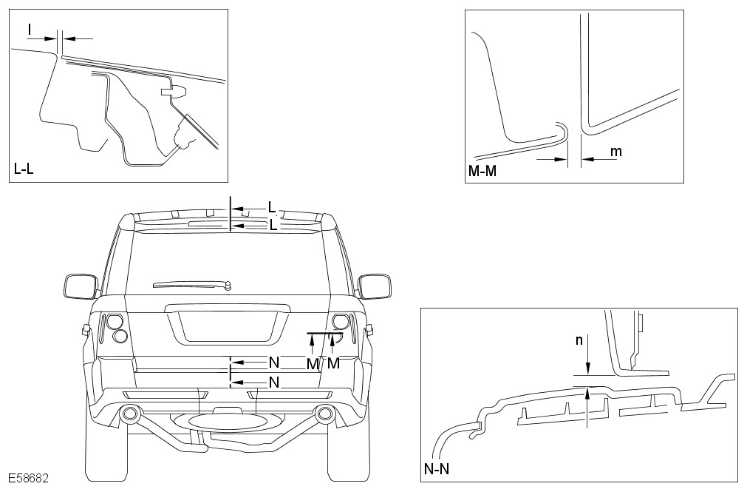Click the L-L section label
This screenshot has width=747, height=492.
[24, 169]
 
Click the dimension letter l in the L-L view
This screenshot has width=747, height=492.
[30, 29]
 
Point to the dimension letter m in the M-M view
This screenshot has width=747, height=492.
[615, 152]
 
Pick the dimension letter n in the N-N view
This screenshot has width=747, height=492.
[579, 340]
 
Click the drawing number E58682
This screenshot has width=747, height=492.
[29, 479]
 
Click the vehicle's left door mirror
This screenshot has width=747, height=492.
[79, 286]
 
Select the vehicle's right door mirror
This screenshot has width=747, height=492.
[373, 286]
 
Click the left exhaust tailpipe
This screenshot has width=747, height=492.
[131, 414]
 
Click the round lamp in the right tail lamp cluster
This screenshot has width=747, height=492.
[340, 321]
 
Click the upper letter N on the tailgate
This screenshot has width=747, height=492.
[273, 363]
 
